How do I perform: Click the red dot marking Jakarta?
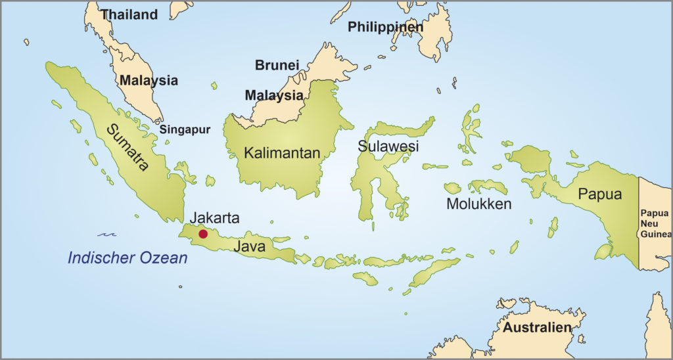point(203,234)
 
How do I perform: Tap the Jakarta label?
point(214,218)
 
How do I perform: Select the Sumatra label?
point(129,148)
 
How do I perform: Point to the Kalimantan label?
point(282,153)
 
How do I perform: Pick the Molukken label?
point(478,204)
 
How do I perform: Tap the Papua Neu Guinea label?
point(656,223)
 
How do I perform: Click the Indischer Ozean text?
point(128,258)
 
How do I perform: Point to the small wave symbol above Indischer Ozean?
point(107,233)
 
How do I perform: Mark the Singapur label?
point(185,129)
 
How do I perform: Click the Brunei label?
point(277,65)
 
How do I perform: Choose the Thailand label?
point(129,14)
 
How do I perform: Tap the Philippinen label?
point(385,27)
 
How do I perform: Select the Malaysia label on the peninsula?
point(149,81)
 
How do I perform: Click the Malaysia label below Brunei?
point(274,95)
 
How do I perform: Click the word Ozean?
point(163,258)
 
